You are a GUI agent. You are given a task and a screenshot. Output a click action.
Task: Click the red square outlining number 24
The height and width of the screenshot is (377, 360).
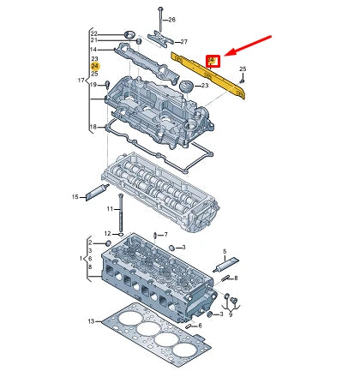point(212,59)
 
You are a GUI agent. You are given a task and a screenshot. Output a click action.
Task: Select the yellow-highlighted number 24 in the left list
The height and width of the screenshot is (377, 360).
point(94,66)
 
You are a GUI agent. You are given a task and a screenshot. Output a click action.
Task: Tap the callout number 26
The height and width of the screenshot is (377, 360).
point(171,19)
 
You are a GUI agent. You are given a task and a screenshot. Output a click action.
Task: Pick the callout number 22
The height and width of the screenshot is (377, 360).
point(94,33)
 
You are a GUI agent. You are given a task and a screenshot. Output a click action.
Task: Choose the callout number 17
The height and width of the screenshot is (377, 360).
point(81,81)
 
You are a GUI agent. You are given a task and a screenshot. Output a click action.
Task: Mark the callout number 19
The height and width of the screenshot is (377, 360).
point(94,109)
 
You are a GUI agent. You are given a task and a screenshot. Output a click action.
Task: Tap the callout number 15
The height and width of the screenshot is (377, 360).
point(75,196)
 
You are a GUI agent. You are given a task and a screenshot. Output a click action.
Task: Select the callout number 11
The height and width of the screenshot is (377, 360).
point(110,208)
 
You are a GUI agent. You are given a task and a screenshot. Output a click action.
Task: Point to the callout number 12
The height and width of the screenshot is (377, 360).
point(108,232)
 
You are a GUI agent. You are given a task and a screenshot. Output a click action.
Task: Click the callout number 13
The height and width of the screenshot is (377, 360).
point(91,320)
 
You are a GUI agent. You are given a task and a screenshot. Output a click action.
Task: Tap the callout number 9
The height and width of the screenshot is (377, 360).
point(230,314)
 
